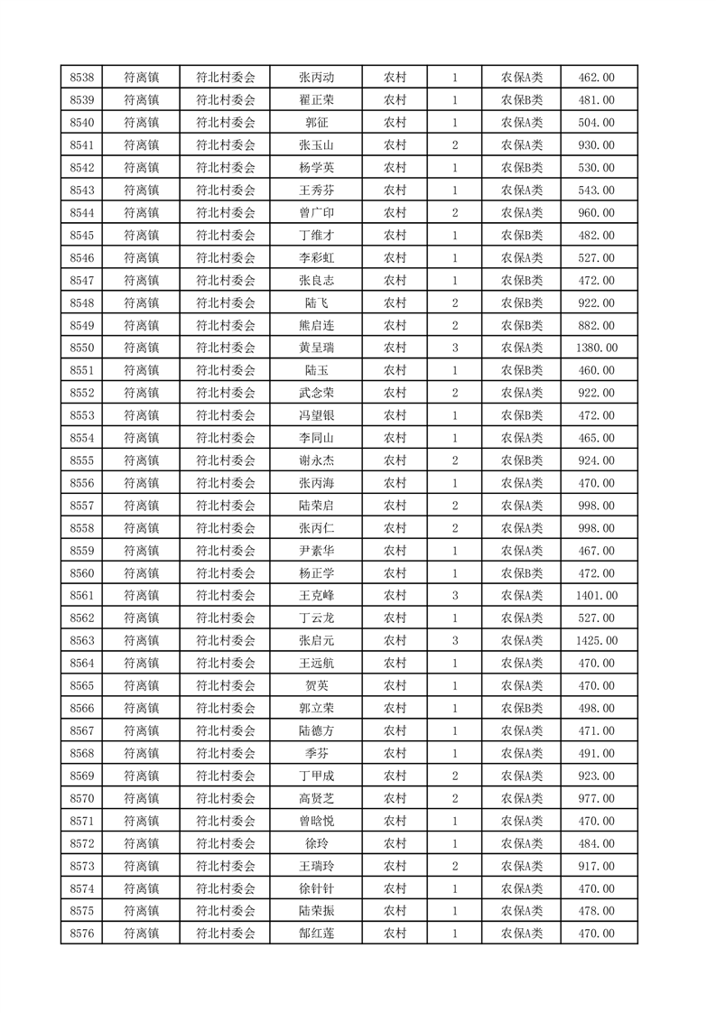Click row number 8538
click(x=82, y=78)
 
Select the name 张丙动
click(x=316, y=78)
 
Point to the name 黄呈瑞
click(x=316, y=348)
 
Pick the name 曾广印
click(x=316, y=213)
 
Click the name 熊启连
click(x=316, y=325)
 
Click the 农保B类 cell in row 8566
click(x=521, y=708)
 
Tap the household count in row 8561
click(x=454, y=595)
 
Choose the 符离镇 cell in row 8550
click(x=141, y=348)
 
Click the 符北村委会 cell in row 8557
click(x=226, y=506)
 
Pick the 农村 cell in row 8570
click(x=395, y=798)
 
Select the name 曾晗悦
click(x=316, y=821)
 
